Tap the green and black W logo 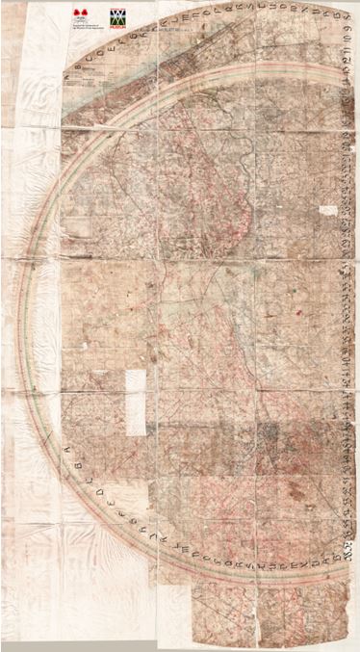[x=118, y=18]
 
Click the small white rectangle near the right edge [x=329, y=209]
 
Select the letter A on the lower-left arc [x=67, y=446]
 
